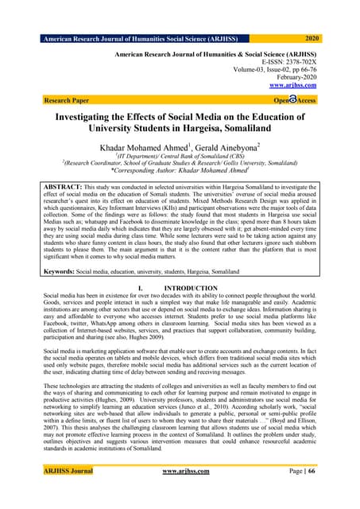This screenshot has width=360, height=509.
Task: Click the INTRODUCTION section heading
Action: [189, 287]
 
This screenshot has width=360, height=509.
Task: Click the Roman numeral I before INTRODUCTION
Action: [140, 287]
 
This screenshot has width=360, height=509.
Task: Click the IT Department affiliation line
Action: [180, 157]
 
